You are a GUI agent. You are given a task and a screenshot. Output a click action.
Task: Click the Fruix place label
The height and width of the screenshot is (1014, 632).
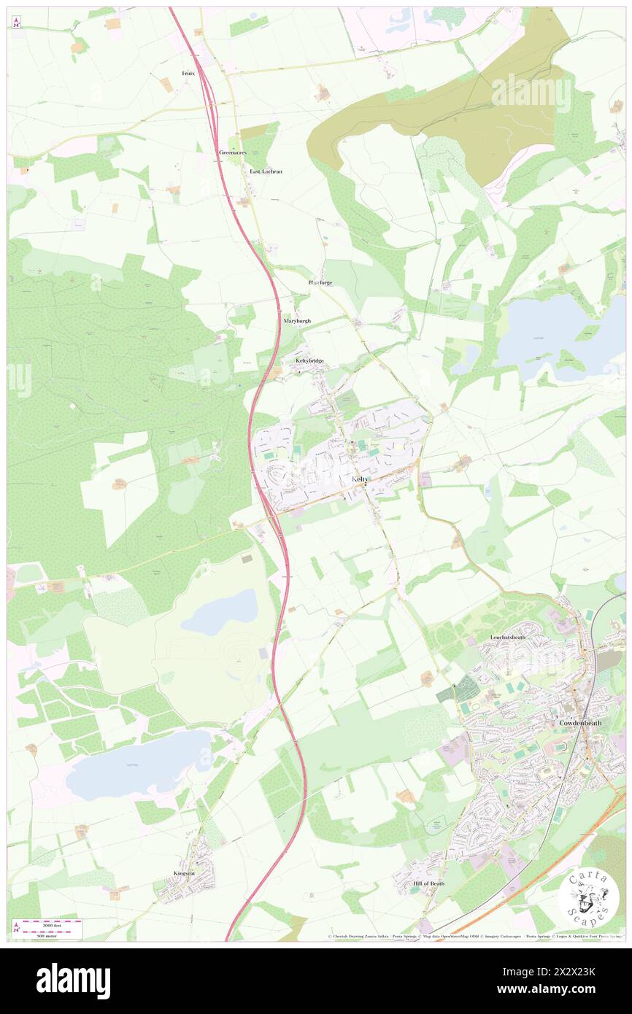pos(188,74)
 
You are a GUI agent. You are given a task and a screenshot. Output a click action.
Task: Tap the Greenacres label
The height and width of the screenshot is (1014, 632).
pos(233,152)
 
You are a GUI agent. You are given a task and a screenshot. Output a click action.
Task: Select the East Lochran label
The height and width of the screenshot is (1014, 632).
pos(266,171)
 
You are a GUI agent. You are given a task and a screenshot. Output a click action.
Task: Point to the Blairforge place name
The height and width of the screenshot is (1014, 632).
pos(321,282)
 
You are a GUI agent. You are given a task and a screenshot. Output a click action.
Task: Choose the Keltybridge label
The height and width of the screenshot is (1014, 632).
pos(309,360)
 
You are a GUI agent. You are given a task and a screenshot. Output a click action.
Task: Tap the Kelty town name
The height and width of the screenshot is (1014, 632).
pos(361,479)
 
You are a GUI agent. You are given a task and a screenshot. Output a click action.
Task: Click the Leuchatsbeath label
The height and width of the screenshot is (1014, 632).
pos(518,637)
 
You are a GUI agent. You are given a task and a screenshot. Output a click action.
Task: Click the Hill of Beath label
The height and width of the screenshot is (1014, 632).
pos(428,883)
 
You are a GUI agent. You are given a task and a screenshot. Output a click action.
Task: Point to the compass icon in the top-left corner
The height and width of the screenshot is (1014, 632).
pos(17,21)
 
